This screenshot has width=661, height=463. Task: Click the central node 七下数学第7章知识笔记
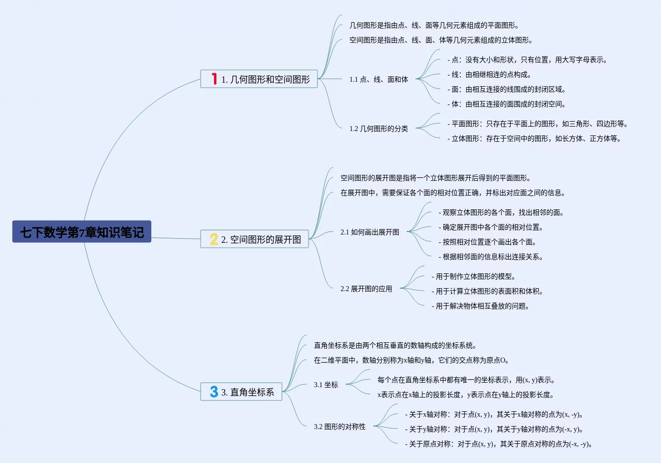point(82,231)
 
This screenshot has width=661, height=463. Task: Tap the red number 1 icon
point(214,79)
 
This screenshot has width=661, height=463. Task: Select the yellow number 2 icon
point(213,239)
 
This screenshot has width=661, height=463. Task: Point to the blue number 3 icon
point(213,392)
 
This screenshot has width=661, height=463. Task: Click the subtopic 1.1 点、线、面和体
point(379,79)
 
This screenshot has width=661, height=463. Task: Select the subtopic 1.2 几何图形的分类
point(379,129)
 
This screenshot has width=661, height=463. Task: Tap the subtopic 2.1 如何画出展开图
point(370,232)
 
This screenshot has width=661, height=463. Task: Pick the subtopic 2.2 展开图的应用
point(366,289)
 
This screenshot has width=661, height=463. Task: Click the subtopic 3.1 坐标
point(326,385)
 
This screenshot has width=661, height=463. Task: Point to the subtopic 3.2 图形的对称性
point(340,427)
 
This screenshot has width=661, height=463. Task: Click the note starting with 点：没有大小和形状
point(527,60)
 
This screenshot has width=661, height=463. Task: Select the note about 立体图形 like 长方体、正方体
point(534,138)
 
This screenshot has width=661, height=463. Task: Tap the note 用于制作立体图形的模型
point(474,276)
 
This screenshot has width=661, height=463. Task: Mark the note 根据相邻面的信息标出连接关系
point(491,257)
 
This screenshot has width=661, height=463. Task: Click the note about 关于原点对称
point(499,444)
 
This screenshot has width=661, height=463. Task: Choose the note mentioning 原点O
point(412,360)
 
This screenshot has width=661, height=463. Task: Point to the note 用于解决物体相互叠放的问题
point(481,306)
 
